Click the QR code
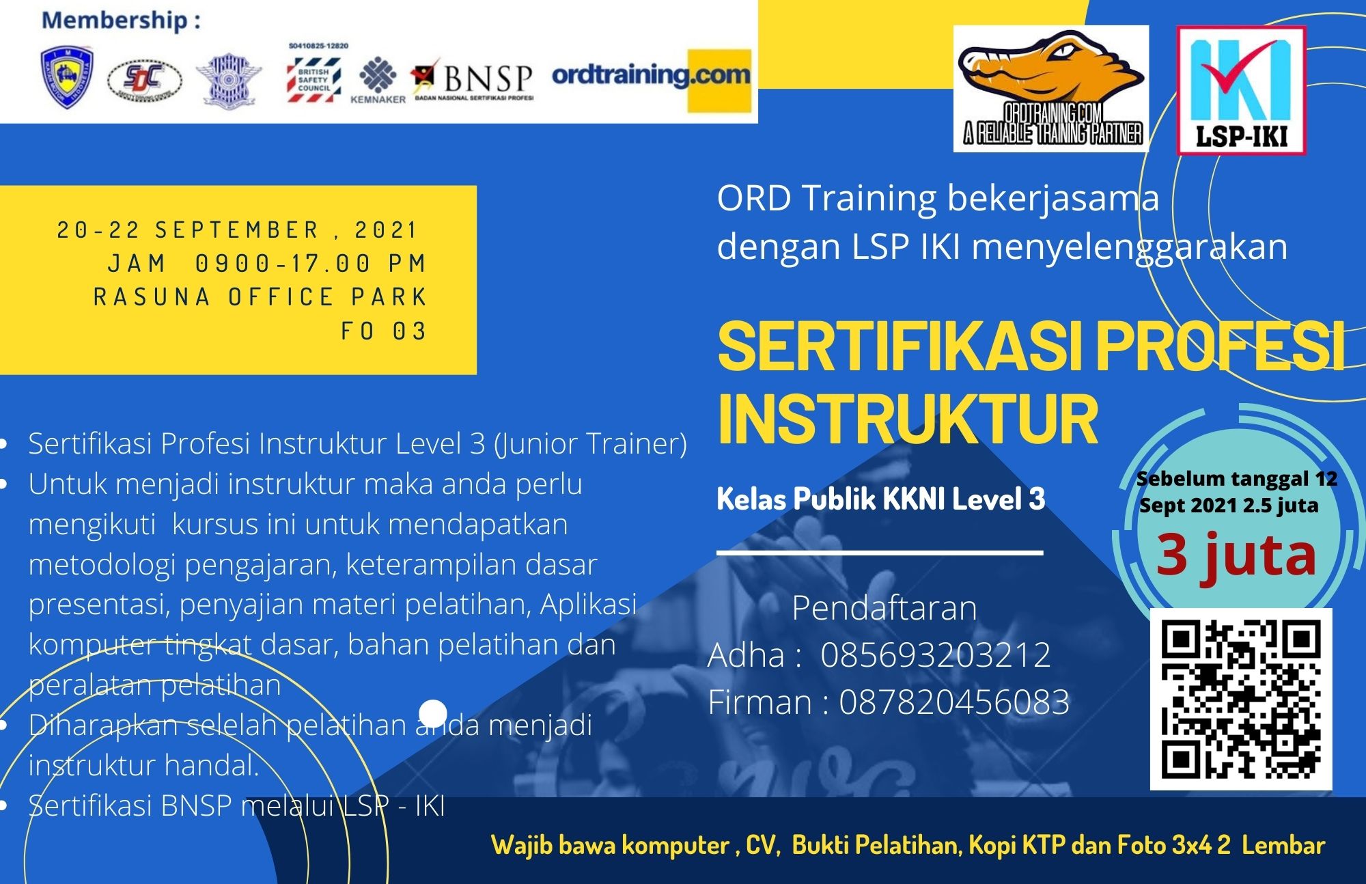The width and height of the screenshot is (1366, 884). pos(1240,698)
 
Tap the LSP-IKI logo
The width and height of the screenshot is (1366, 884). pos(1240,89)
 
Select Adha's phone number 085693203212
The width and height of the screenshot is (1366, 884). pos(935,655)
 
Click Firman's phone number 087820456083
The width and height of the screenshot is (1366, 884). pos(953,702)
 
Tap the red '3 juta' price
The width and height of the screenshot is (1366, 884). pos(1236,555)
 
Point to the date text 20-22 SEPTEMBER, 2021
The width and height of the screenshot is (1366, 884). pos(238,230)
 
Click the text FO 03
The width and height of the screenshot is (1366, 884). pos(384,331)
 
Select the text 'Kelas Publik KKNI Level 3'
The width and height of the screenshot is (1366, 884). pos(880,499)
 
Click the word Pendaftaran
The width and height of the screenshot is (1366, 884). pos(884,608)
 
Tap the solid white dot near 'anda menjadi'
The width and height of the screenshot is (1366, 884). pos(432,713)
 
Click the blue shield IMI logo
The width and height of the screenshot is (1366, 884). pos(66,77)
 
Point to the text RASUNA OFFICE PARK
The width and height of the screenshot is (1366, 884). pos(260,297)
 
